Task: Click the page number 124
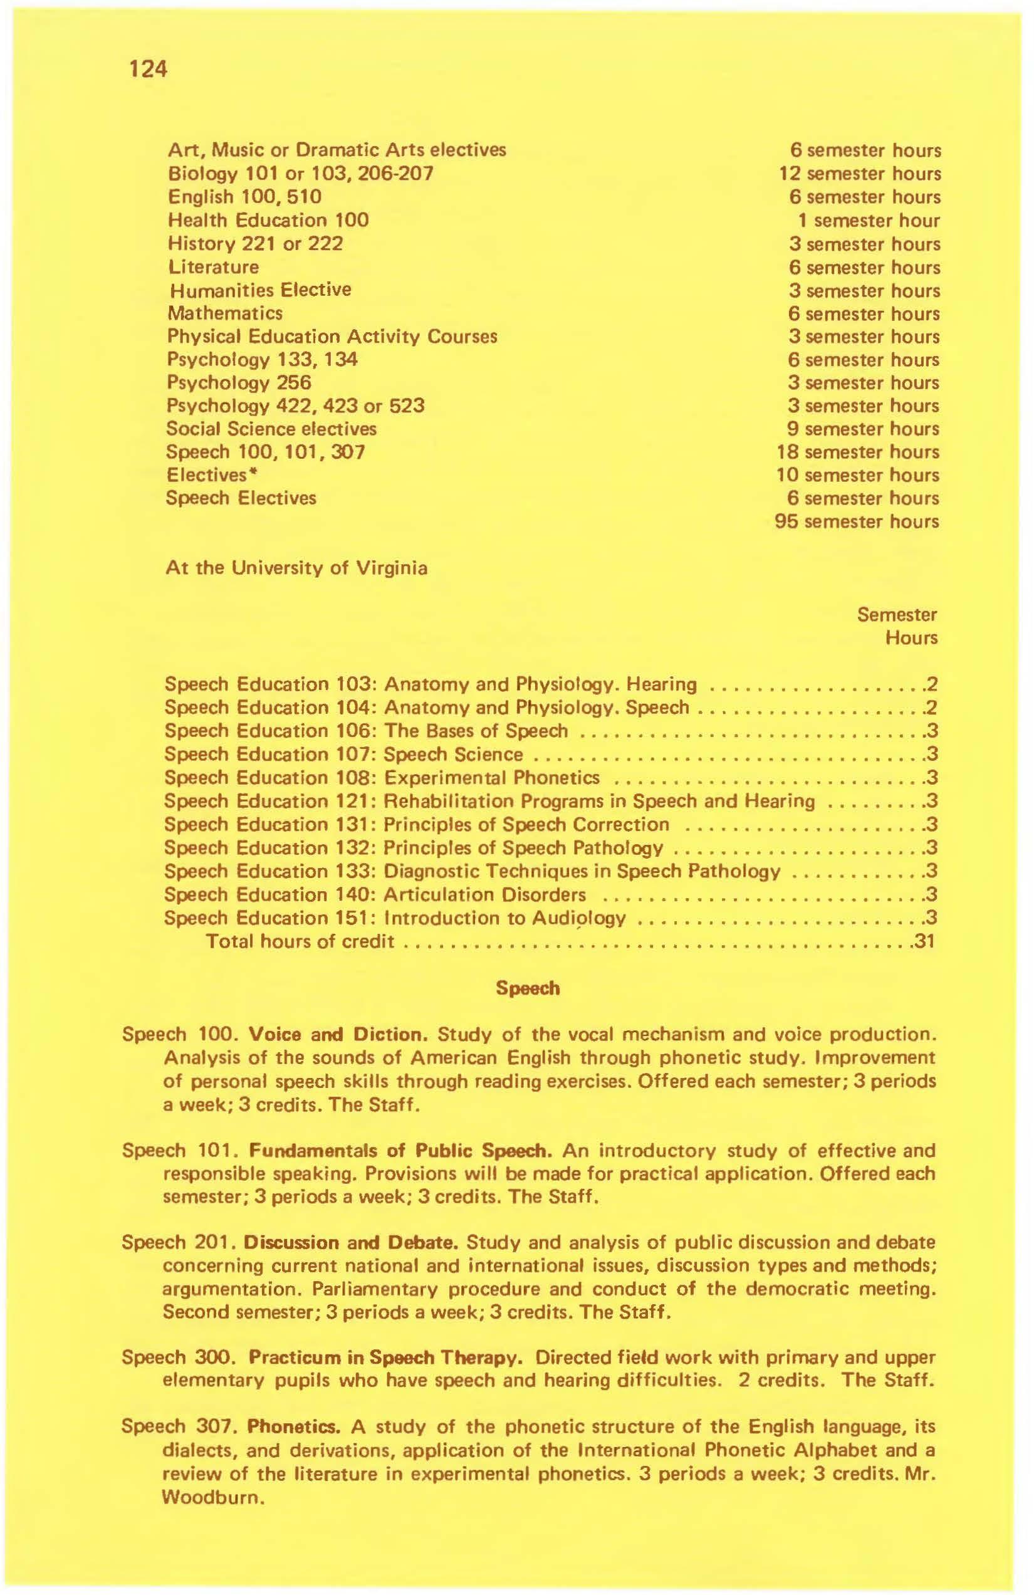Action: pyautogui.click(x=144, y=69)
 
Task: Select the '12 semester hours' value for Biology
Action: pyautogui.click(x=860, y=174)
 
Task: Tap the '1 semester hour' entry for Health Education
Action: pyautogui.click(x=868, y=221)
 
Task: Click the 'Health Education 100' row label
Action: pyautogui.click(x=268, y=220)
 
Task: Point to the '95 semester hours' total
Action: pyautogui.click(x=857, y=521)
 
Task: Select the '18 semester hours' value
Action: pyautogui.click(x=858, y=452)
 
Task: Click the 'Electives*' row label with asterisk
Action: pyautogui.click(x=213, y=474)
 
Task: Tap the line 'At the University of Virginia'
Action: pyautogui.click(x=296, y=568)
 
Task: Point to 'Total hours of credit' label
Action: pyautogui.click(x=300, y=941)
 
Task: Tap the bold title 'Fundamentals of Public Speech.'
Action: pyautogui.click(x=400, y=1151)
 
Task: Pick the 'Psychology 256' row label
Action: pyautogui.click(x=239, y=383)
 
